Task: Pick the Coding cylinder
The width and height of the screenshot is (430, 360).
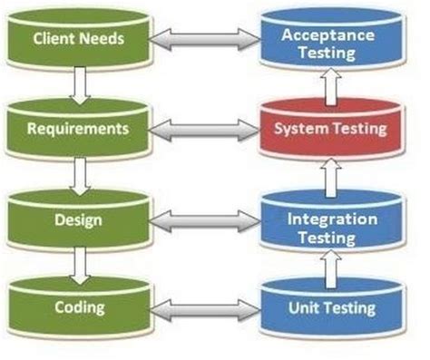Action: click(x=79, y=308)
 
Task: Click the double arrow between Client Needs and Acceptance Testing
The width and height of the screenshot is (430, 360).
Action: click(x=204, y=40)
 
